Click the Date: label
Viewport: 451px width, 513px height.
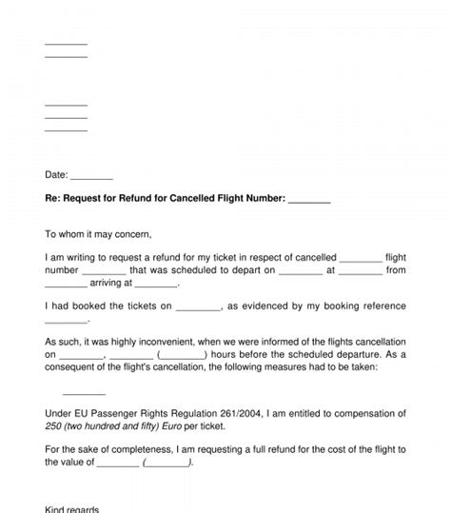tap(56, 174)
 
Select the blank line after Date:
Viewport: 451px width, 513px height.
tap(92, 176)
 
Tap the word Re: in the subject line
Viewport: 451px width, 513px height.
tap(53, 198)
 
